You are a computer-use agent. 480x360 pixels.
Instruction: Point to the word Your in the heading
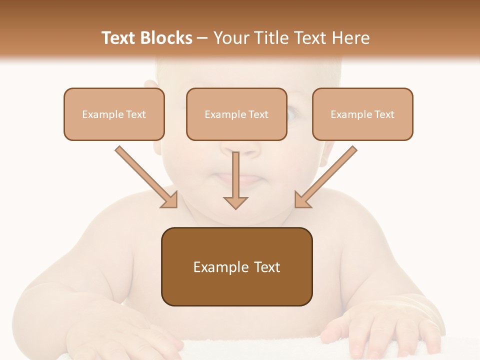[x=229, y=38]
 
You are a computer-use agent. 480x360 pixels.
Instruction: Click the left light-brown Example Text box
[x=114, y=114]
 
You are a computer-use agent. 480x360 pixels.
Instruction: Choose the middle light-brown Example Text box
[x=236, y=114]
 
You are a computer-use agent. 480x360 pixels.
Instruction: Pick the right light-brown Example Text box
[x=362, y=114]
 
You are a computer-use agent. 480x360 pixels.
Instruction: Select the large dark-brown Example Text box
[x=236, y=266]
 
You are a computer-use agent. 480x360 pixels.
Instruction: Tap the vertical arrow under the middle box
[x=235, y=180]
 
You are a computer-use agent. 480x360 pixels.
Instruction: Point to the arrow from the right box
[x=325, y=177]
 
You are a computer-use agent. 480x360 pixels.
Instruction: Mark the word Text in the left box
[x=136, y=114]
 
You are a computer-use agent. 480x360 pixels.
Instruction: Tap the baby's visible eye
[x=292, y=114]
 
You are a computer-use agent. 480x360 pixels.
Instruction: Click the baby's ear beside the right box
[x=326, y=152]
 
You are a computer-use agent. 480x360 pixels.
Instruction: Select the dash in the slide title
[x=202, y=38]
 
